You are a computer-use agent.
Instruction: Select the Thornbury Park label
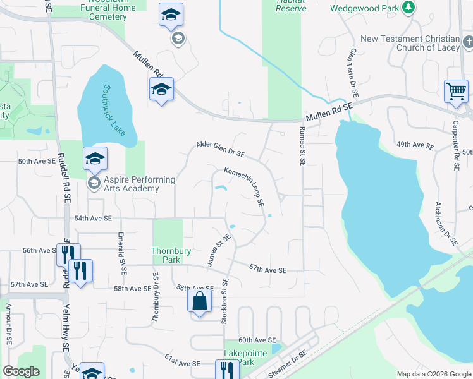[171, 255]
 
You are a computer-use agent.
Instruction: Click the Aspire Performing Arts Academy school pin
[95, 159]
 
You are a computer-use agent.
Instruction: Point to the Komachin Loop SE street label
[243, 187]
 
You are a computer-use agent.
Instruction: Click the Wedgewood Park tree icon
[409, 7]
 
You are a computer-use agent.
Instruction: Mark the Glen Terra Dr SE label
[353, 73]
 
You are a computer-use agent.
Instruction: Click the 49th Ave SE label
[415, 145]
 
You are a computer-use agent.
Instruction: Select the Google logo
[21, 371]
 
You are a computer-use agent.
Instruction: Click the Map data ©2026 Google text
[434, 374]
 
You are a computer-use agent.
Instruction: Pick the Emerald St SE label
[123, 253]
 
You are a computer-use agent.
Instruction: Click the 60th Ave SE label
[257, 340]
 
